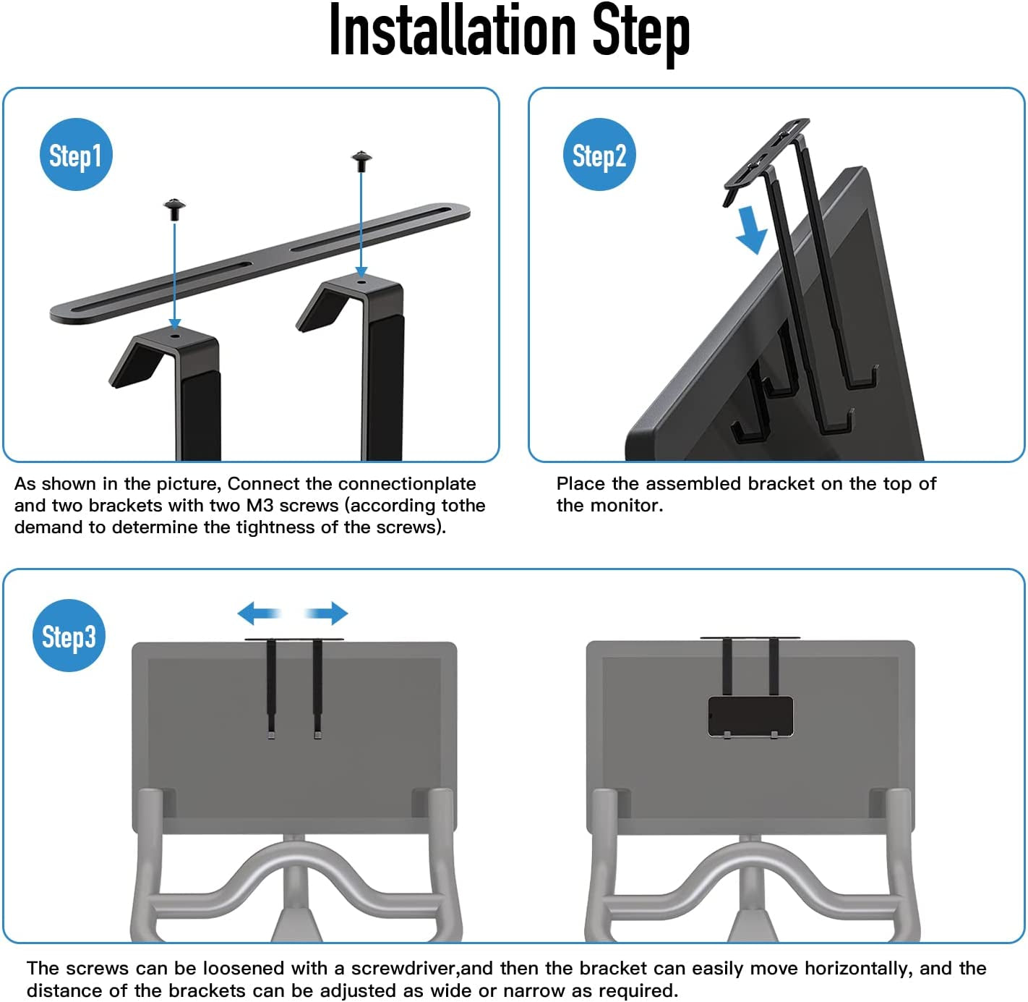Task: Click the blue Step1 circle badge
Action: pyautogui.click(x=76, y=155)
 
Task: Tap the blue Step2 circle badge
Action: pyautogui.click(x=599, y=155)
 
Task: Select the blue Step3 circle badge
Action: pyautogui.click(x=69, y=636)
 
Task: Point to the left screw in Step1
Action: pyautogui.click(x=174, y=209)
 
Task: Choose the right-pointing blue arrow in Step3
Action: pyautogui.click(x=327, y=613)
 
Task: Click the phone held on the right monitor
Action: pyautogui.click(x=750, y=717)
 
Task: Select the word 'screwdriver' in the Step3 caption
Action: pyautogui.click(x=403, y=968)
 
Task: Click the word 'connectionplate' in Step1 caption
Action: pyautogui.click(x=407, y=483)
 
